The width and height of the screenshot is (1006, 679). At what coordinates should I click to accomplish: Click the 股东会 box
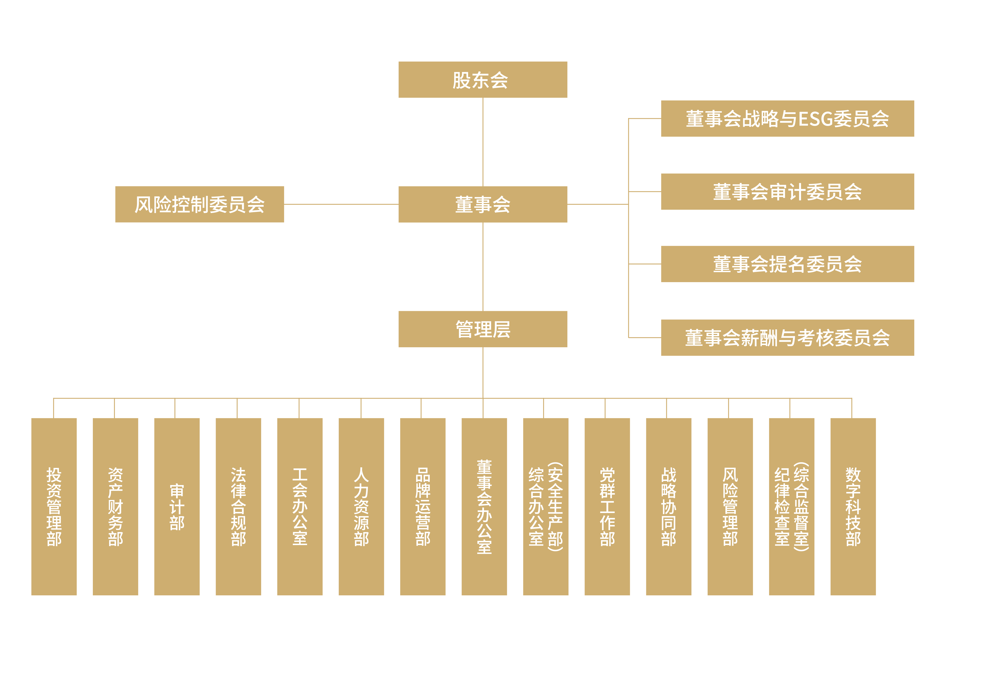[x=483, y=80]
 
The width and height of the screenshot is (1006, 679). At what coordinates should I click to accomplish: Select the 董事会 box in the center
[x=483, y=204]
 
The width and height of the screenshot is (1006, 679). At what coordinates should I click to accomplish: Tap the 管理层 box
[x=483, y=329]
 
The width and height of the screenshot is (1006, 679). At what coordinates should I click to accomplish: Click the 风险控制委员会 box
[x=200, y=204]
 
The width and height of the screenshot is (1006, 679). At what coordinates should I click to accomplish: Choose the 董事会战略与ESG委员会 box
[x=787, y=119]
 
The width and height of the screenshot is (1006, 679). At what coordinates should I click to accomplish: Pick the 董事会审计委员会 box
[x=787, y=192]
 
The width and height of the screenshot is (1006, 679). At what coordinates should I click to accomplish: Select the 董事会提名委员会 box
[x=787, y=264]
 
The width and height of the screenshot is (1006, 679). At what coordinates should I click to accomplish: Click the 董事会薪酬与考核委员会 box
[x=787, y=338]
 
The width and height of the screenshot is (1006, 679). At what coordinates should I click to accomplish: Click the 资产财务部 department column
[x=115, y=507]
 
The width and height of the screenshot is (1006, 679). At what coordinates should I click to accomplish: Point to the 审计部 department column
[x=177, y=507]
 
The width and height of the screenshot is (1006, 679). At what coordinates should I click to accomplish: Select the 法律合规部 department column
[x=239, y=507]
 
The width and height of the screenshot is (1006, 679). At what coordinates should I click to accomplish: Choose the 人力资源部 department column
[x=361, y=507]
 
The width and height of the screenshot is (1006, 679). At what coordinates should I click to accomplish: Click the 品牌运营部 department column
[x=423, y=507]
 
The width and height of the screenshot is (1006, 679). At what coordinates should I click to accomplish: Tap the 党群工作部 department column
[x=607, y=507]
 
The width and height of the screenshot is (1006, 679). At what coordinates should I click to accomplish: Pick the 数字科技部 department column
[x=853, y=507]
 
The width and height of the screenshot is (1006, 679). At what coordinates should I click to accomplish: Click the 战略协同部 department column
[x=669, y=507]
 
